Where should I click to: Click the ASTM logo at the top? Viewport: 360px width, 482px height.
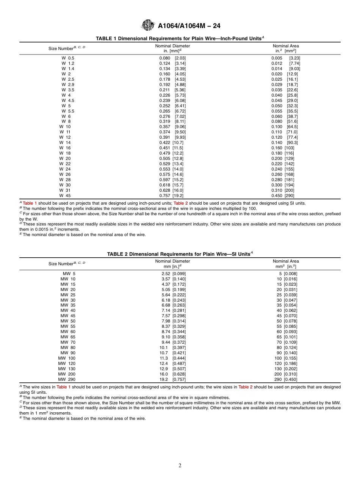148,25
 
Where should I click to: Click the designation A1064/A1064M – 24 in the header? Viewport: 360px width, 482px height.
189,26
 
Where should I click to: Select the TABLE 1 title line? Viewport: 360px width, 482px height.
180,39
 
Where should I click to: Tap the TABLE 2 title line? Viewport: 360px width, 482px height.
180,254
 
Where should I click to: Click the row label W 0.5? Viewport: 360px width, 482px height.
68,58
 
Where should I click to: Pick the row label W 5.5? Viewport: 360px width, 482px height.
68,111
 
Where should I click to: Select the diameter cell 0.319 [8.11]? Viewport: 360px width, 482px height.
172,122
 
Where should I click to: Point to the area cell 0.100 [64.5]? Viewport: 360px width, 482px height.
285,127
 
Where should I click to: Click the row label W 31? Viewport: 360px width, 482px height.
65,191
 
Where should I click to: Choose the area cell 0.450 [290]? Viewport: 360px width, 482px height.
283,196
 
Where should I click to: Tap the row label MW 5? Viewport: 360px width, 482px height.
69,274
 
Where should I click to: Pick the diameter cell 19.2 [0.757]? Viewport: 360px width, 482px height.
172,379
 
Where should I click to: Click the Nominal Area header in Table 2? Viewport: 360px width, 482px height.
286,264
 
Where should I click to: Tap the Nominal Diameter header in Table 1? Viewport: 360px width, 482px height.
172,48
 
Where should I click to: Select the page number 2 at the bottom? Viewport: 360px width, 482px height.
180,466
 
